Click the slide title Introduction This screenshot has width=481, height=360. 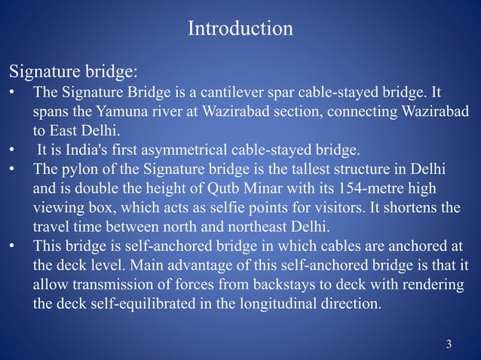[240, 29]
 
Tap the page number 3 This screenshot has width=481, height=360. [449, 345]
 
